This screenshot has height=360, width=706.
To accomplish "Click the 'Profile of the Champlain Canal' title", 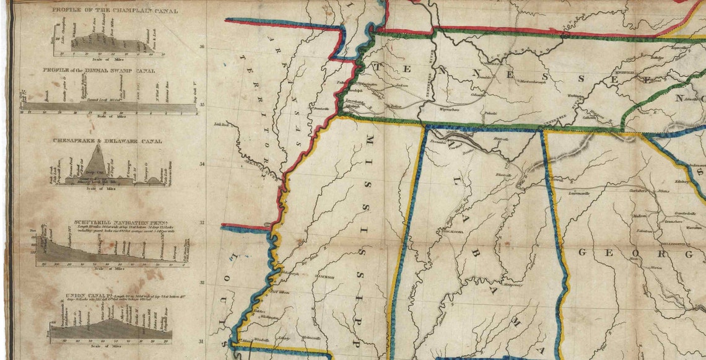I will point(115,11).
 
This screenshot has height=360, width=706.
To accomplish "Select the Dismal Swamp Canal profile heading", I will point(99,70).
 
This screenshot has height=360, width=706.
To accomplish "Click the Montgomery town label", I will point(512,286).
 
